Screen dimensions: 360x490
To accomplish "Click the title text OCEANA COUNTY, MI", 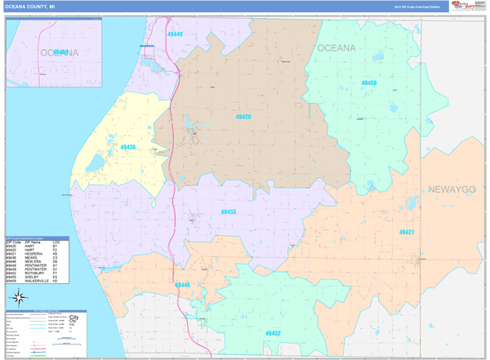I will coord(31,6).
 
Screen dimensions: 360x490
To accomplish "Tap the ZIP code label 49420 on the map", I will coord(243,117).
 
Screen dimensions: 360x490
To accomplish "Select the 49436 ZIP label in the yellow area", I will coord(128,147).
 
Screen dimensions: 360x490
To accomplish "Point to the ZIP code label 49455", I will coord(229,211).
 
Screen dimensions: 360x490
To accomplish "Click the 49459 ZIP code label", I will coord(369,83).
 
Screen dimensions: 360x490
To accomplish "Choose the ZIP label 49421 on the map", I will coord(407,232).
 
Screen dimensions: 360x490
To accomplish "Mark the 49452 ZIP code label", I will coord(273,333).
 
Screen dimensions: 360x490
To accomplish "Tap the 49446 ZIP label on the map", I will coord(182,285).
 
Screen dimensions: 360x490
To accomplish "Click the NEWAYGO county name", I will coord(452,189).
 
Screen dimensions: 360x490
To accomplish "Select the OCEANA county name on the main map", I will coord(336,48).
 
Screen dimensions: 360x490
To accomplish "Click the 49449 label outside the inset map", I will coord(175,34).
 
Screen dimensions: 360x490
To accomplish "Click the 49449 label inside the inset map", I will coord(61,51).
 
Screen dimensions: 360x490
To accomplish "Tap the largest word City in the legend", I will coord(74,317).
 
